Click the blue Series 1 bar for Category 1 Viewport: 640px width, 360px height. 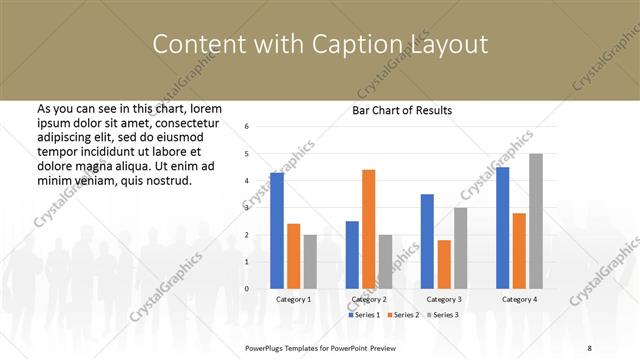tap(277, 231)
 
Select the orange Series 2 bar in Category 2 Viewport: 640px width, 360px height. tap(368, 229)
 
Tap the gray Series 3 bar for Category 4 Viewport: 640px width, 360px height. tap(536, 221)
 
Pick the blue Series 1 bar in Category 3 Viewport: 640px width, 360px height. tap(427, 241)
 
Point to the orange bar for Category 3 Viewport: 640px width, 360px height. tap(444, 264)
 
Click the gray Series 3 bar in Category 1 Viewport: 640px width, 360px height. tap(310, 262)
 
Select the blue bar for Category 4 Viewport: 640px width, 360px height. tap(502, 228)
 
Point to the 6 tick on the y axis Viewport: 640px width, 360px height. tap(247, 127)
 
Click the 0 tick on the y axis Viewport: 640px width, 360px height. tap(247, 289)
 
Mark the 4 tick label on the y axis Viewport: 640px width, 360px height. tap(247, 181)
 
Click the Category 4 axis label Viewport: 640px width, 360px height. tap(519, 299)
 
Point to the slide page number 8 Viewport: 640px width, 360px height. tap(589, 346)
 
